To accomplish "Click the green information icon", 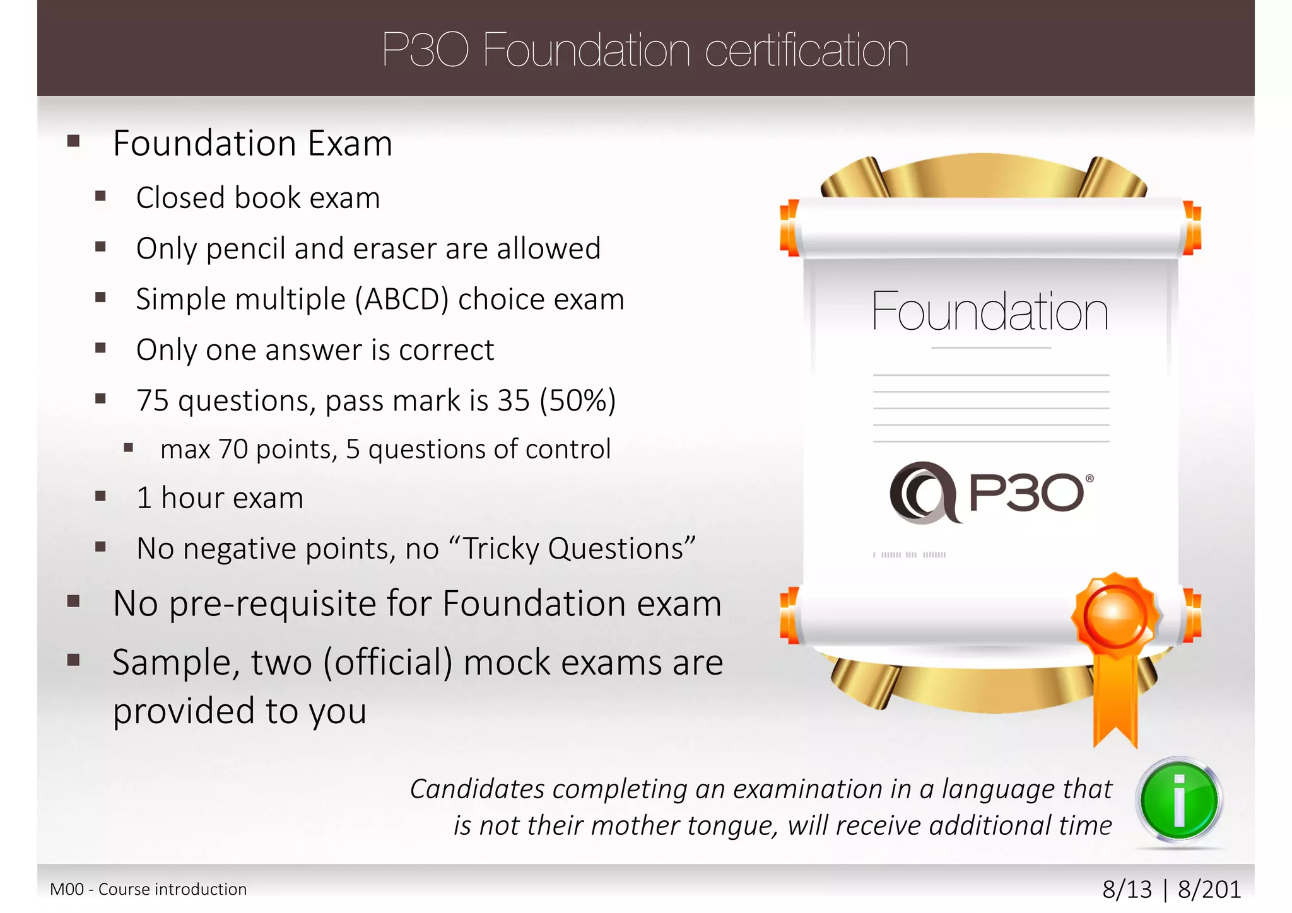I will pyautogui.click(x=1178, y=801).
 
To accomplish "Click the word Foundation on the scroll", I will pyautogui.click(x=989, y=311).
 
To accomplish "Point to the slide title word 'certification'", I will pyautogui.click(x=806, y=50).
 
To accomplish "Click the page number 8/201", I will pyautogui.click(x=1209, y=889).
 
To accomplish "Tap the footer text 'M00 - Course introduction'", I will pyautogui.click(x=148, y=889).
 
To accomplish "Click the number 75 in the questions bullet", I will pyautogui.click(x=153, y=400).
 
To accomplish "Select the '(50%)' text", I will pyautogui.click(x=577, y=400).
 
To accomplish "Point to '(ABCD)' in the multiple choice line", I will pyautogui.click(x=401, y=299).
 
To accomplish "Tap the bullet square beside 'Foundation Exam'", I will pyautogui.click(x=74, y=141).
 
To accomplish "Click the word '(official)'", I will pyautogui.click(x=388, y=663).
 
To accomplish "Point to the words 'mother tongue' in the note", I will pyautogui.click(x=732, y=825).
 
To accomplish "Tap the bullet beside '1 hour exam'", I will pyautogui.click(x=100, y=496).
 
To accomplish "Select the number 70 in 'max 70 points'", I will pyautogui.click(x=233, y=450).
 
